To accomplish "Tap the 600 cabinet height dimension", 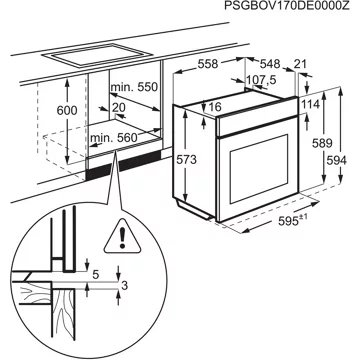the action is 67,110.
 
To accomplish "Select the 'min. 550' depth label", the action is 134,87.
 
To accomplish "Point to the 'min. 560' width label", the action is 114,137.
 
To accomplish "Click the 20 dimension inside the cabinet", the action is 118,107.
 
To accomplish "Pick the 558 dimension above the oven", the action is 207,64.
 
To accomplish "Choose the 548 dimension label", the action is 270,64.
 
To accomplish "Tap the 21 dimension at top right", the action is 300,64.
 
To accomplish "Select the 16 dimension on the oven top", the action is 215,107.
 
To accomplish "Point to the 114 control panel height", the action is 310,104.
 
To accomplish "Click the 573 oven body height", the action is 187,160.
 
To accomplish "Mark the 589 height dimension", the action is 322,143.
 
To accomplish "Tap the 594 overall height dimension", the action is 336,160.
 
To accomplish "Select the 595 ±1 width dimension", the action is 293,220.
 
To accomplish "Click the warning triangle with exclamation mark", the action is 123,236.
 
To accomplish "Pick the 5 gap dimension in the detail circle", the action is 96,275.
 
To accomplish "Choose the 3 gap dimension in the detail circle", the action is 124,286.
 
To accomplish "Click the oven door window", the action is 259,169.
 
